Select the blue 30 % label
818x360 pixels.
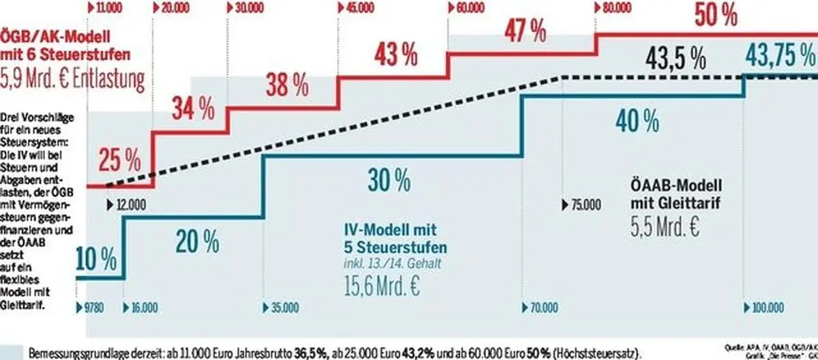pos(389,179)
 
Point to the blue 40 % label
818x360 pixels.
pos(637,122)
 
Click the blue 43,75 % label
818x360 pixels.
pos(780,53)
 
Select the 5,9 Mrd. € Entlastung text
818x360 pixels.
pos(73,80)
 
